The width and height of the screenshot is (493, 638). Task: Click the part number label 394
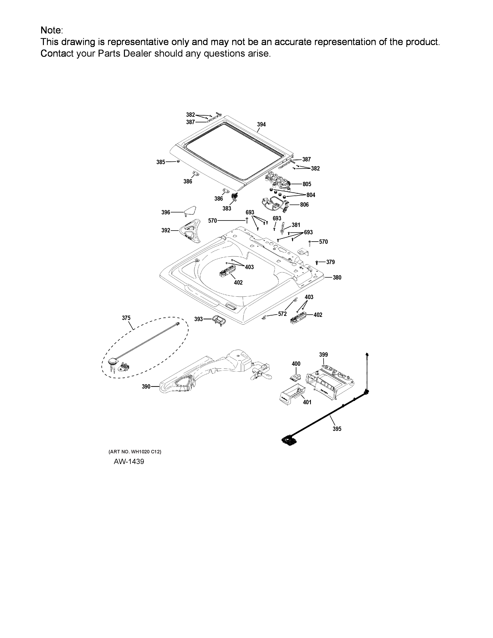pyautogui.click(x=261, y=125)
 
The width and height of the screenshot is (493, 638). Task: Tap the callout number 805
pyautogui.click(x=307, y=184)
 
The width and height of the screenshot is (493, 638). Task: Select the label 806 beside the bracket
pyautogui.click(x=304, y=205)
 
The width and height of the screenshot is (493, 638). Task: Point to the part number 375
pyautogui.click(x=126, y=318)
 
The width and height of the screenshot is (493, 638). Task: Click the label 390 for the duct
pyautogui.click(x=146, y=386)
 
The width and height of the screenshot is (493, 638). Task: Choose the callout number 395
pyautogui.click(x=337, y=429)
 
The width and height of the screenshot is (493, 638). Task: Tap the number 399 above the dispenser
pyautogui.click(x=323, y=355)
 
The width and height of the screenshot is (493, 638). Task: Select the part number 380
pyautogui.click(x=337, y=277)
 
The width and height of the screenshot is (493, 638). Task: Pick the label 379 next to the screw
pyautogui.click(x=330, y=262)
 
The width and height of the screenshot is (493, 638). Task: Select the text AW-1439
pyautogui.click(x=129, y=461)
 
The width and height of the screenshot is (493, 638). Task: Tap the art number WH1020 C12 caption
pyautogui.click(x=135, y=452)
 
